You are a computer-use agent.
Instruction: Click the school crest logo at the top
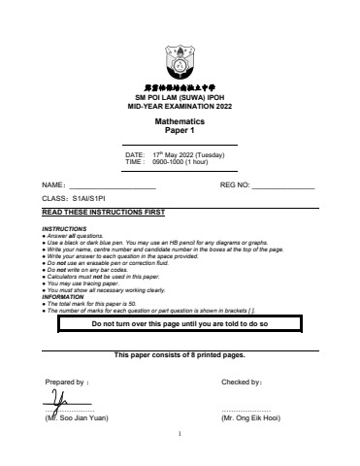180,62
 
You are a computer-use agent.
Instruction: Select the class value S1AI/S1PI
89,197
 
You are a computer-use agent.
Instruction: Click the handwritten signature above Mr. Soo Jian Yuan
64,400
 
